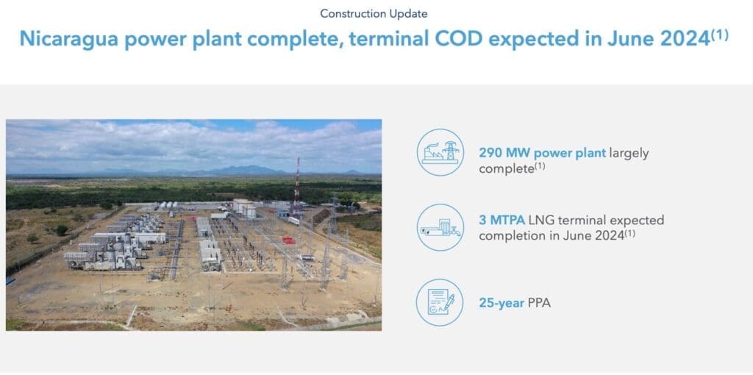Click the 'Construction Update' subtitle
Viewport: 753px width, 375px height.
(374, 13)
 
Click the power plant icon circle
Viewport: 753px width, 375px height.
(440, 152)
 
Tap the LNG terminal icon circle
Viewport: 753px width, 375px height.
(440, 227)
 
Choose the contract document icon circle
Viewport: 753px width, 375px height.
(440, 302)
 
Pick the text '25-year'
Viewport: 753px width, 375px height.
(502, 301)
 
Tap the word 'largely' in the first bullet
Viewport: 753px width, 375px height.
(629, 153)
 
